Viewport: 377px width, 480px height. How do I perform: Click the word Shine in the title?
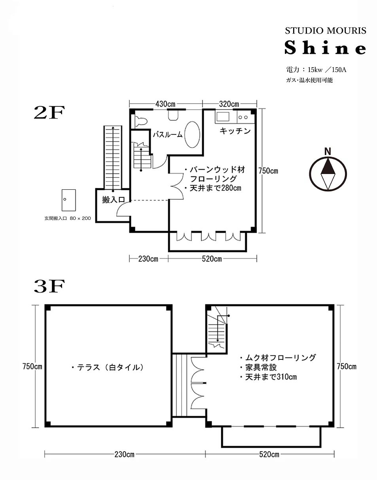[325, 48]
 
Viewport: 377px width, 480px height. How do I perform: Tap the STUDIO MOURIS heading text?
[325, 31]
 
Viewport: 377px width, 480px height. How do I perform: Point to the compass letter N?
[328, 152]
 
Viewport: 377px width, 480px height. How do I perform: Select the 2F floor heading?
[49, 113]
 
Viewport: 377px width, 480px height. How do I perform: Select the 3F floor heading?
[49, 287]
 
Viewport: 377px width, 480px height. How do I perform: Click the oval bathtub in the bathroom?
[192, 134]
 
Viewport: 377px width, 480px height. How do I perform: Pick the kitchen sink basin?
[223, 116]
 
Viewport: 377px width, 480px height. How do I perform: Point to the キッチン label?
[235, 131]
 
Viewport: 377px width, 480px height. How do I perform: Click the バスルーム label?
[168, 134]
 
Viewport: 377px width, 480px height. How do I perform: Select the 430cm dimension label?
[165, 104]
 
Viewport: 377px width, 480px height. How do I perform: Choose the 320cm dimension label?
[229, 104]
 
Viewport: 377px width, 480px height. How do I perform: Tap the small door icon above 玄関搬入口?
[68, 200]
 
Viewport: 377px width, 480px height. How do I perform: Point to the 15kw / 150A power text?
[327, 70]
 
